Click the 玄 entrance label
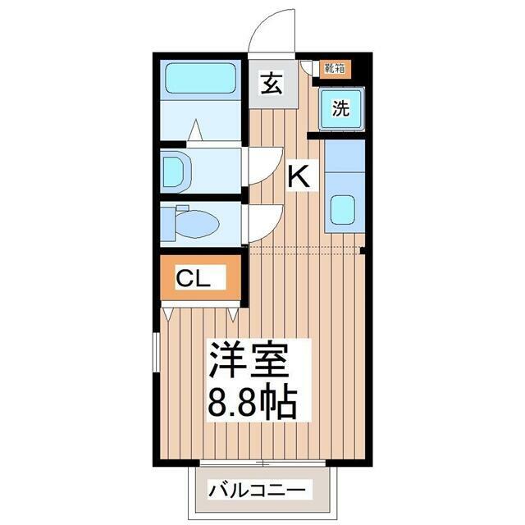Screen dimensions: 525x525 (272, 83)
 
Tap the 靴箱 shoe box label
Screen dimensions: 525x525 (336, 68)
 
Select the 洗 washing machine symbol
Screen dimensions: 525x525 (341, 108)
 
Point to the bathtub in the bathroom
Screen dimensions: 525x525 (201, 79)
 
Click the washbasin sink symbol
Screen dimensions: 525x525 (177, 171)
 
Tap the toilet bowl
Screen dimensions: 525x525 (198, 223)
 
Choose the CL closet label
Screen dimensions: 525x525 (194, 279)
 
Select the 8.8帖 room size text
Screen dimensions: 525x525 (253, 403)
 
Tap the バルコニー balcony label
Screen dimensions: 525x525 (257, 491)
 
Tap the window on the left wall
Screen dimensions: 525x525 (157, 352)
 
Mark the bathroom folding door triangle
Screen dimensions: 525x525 (195, 130)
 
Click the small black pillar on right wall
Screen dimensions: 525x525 (363, 250)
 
